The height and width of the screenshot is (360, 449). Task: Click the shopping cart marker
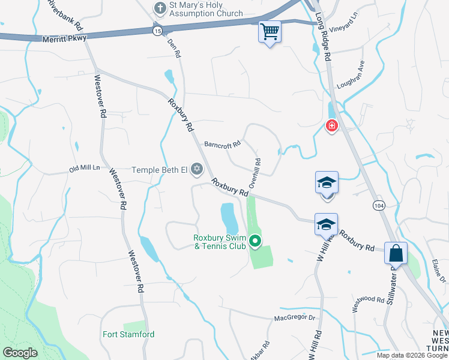pyautogui.click(x=270, y=31)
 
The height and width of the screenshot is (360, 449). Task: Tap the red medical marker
pyautogui.click(x=331, y=126)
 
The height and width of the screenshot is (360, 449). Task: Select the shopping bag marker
pyautogui.click(x=396, y=253)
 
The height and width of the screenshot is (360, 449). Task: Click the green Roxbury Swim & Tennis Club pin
pyautogui.click(x=255, y=242)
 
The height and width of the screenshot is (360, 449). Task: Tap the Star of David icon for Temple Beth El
pyautogui.click(x=196, y=170)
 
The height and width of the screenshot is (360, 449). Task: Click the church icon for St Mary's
pyautogui.click(x=160, y=8)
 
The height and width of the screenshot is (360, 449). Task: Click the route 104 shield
pyautogui.click(x=378, y=205)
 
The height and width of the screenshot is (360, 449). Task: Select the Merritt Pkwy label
pyautogui.click(x=65, y=38)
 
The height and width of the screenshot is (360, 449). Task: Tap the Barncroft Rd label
pyautogui.click(x=222, y=144)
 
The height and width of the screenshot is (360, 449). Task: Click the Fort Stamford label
pyautogui.click(x=128, y=334)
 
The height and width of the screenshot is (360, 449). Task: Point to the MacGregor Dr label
pyautogui.click(x=295, y=317)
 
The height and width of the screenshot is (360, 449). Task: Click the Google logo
pyautogui.click(x=20, y=352)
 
